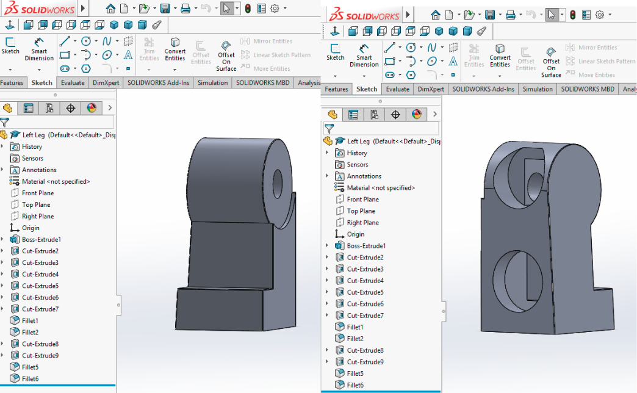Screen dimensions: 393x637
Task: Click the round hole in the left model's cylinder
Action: (278, 183)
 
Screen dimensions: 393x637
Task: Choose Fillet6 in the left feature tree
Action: (30, 378)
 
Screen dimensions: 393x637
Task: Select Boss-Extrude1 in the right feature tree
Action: (366, 246)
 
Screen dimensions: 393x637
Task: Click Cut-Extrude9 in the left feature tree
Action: (40, 355)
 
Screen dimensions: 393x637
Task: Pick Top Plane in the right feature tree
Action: (361, 211)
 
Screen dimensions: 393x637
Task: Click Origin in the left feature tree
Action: (31, 228)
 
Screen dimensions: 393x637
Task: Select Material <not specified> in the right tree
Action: (381, 188)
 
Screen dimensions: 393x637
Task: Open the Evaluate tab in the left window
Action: (72, 83)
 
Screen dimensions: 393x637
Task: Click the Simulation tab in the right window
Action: (537, 89)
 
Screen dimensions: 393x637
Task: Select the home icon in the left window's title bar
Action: (110, 9)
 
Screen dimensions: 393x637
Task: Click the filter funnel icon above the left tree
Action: (5, 122)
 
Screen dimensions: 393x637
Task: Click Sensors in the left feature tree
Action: (32, 158)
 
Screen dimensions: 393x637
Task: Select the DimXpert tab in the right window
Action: (431, 89)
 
